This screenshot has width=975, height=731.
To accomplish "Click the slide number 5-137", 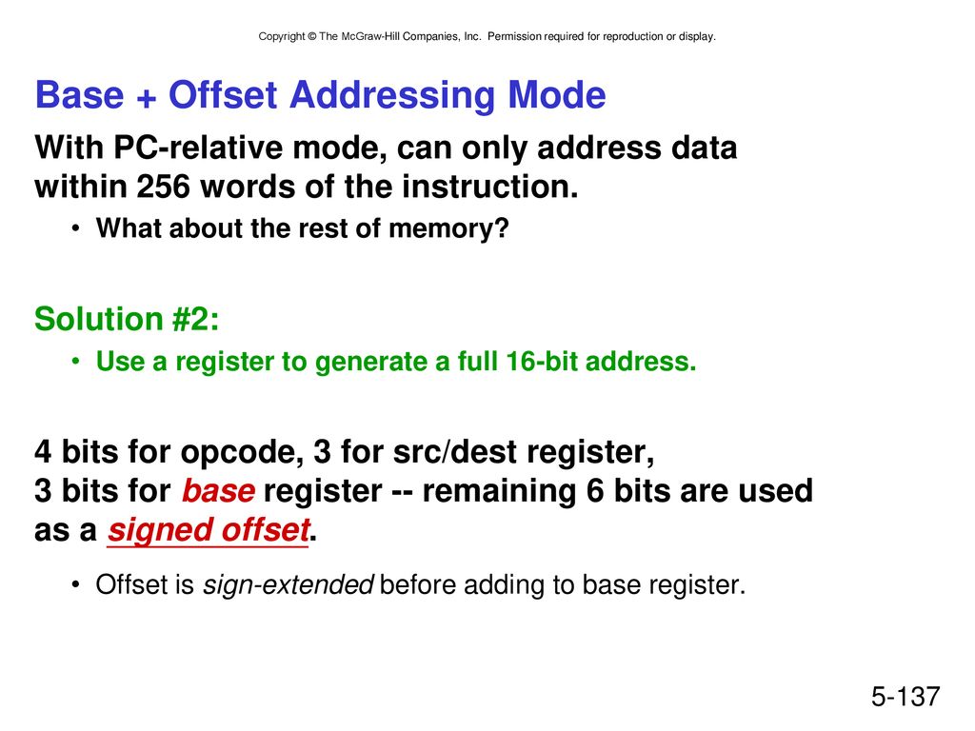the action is point(905,696).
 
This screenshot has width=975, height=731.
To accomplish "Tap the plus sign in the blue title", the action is point(146,98).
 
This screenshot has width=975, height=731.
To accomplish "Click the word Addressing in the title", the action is point(393,96).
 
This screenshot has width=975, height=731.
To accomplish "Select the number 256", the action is point(163,187).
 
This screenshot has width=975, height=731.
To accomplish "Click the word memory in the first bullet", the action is point(448,228).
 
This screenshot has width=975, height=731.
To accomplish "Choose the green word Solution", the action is point(99,319).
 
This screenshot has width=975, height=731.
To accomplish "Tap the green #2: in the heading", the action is point(195,319).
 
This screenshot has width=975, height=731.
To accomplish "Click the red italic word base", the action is point(218,491).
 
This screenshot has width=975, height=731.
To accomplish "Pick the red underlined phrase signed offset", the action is point(209,530).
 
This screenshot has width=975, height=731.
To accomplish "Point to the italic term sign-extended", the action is point(289,585).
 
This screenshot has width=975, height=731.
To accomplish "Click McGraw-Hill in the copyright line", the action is point(370,37).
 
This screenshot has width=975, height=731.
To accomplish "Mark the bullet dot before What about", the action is point(75,228).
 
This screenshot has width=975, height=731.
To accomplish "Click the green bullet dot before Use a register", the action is point(75,361).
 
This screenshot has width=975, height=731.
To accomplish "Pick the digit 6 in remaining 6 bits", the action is point(595,491).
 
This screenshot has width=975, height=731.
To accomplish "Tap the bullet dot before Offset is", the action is point(75,585).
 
